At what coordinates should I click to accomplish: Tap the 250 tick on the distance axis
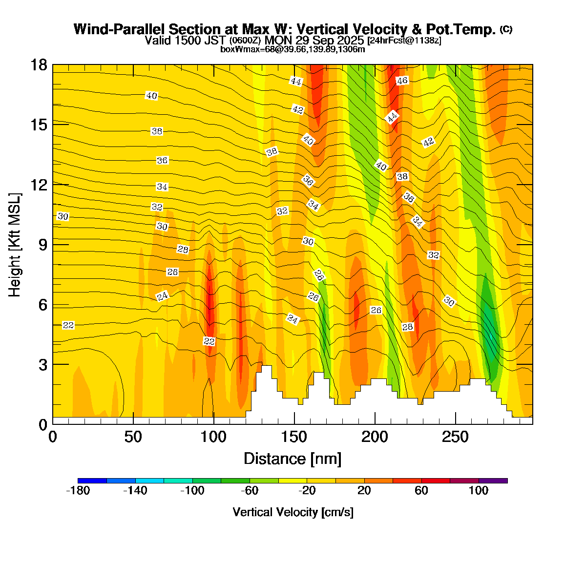(455, 437)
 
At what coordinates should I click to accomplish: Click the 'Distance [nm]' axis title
(292, 459)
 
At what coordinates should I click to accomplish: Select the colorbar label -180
(78, 491)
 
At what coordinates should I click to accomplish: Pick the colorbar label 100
(479, 491)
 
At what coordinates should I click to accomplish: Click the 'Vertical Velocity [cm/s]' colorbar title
(293, 512)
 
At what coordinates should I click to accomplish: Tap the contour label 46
(402, 81)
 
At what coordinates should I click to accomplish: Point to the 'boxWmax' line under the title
(293, 49)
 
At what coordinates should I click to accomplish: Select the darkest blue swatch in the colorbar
(92, 481)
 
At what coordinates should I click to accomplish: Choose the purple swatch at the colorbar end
(493, 481)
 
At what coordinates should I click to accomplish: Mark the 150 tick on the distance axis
(294, 437)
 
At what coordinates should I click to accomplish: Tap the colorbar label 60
(421, 491)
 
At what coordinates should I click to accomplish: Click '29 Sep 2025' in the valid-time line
(332, 40)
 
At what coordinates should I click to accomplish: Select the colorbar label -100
(192, 491)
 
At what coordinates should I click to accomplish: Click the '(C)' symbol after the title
(506, 29)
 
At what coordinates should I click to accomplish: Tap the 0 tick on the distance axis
(53, 437)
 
